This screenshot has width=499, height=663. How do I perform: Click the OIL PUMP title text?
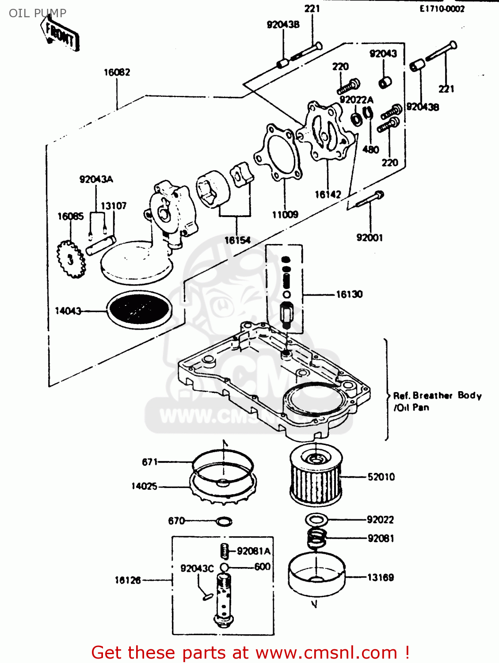[x=38, y=13]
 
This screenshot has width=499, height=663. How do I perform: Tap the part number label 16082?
[x=117, y=72]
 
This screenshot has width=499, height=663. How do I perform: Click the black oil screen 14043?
[x=139, y=309]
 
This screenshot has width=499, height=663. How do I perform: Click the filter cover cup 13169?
[x=316, y=575]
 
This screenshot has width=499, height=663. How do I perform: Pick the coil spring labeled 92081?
[x=316, y=538]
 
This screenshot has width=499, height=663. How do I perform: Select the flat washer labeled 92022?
[x=316, y=519]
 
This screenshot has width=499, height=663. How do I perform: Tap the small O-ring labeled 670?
[x=224, y=521]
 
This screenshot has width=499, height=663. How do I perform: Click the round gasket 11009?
[x=278, y=152]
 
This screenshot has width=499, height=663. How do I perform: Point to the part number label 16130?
[x=349, y=294]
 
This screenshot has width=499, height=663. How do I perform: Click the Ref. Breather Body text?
[x=437, y=396]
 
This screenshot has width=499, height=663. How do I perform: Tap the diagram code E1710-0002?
[x=442, y=9]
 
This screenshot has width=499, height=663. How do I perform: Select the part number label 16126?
[x=128, y=580]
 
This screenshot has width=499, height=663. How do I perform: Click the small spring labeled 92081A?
[x=225, y=551]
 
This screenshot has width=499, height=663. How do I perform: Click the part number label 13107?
[x=114, y=206]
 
